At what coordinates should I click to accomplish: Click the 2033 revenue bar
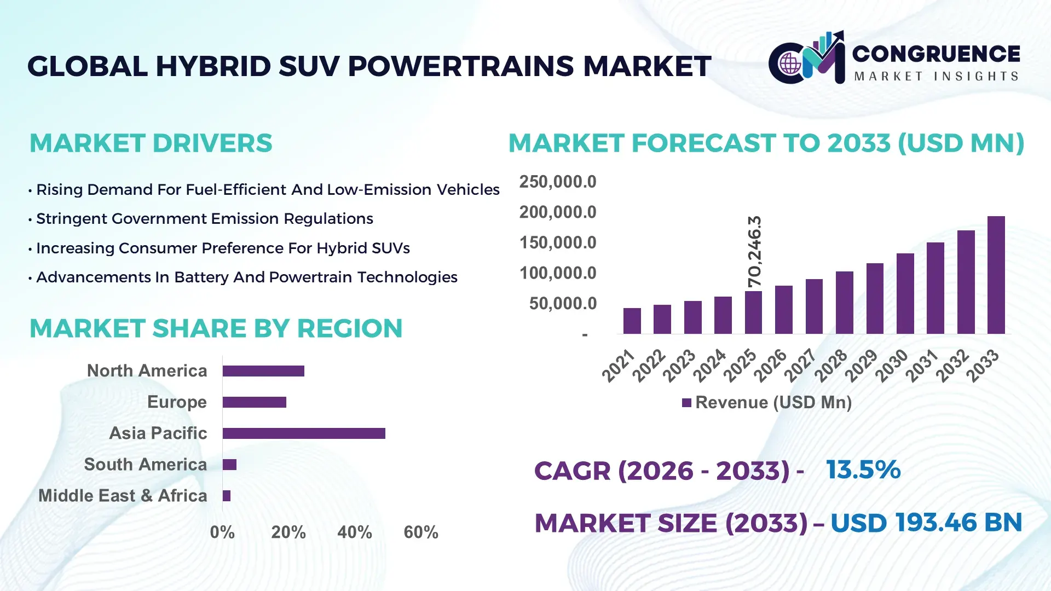pos(996,275)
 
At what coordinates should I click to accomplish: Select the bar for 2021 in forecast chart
pos(632,321)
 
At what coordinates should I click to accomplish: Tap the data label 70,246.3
pos(754,251)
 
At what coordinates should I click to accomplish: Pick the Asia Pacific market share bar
pos(304,433)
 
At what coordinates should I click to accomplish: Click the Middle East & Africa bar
pos(227,496)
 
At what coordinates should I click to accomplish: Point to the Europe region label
pos(177,402)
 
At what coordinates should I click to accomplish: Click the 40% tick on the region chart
pos(354,532)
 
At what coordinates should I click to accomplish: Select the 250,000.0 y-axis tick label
pos(557,182)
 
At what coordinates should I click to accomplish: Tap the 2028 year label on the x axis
pos(831,366)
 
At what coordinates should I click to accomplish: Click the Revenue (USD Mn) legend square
pos(686,403)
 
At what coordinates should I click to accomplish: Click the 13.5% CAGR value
pos(863,470)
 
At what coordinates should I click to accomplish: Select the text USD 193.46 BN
pos(926,523)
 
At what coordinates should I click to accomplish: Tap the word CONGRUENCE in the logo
pos(935,54)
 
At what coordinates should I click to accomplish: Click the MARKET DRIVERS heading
pos(151,143)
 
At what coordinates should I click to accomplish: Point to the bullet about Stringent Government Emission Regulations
pos(204,219)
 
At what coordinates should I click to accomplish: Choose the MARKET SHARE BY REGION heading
pos(216,329)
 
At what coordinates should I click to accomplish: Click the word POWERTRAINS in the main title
pos(461,67)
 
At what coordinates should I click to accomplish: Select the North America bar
pos(263,371)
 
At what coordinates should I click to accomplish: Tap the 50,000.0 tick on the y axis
pos(562,304)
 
